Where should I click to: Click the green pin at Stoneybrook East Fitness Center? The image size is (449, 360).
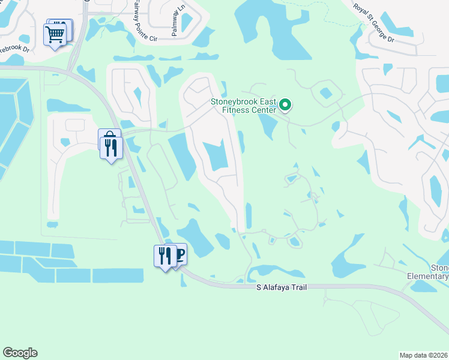point(286,106)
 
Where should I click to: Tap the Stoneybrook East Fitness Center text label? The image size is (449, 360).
point(243,106)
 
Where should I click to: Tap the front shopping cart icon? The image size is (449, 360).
point(55,35)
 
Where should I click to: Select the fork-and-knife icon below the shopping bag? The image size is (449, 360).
point(110,147)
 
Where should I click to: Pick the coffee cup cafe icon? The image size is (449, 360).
point(178,254)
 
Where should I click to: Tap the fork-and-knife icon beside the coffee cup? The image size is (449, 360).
point(164,256)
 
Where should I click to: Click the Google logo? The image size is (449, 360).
point(20,353)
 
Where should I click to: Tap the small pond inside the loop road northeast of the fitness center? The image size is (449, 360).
point(326,93)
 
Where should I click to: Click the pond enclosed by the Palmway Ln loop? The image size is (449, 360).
point(187,22)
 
